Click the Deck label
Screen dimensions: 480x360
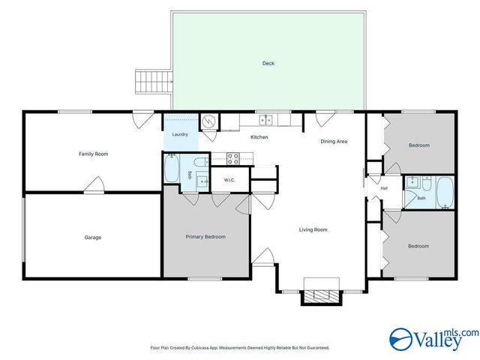pyautogui.click(x=268, y=63)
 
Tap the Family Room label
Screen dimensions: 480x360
pyautogui.click(x=93, y=154)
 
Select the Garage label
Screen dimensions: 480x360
pyautogui.click(x=93, y=238)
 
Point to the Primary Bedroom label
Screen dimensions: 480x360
pyautogui.click(x=205, y=237)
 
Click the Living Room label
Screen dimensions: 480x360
pyautogui.click(x=313, y=229)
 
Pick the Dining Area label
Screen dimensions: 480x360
pyautogui.click(x=334, y=142)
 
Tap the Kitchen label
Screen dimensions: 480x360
pyautogui.click(x=259, y=137)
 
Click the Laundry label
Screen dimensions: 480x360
pyautogui.click(x=180, y=134)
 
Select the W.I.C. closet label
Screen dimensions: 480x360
pyautogui.click(x=229, y=180)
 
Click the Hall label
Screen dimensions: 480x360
pyautogui.click(x=384, y=188)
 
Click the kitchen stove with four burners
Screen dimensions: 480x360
pyautogui.click(x=233, y=159)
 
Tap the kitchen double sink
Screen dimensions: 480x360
pyautogui.click(x=265, y=120)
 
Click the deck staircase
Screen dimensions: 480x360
pyautogui.click(x=154, y=82)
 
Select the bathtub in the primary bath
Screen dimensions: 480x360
pyautogui.click(x=172, y=168)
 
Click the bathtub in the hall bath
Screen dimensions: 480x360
pyautogui.click(x=445, y=192)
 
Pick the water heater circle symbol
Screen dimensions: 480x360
pyautogui.click(x=210, y=121)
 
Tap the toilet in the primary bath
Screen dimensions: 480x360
pyautogui.click(x=202, y=162)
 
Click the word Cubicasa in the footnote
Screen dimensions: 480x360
pyautogui.click(x=200, y=348)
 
